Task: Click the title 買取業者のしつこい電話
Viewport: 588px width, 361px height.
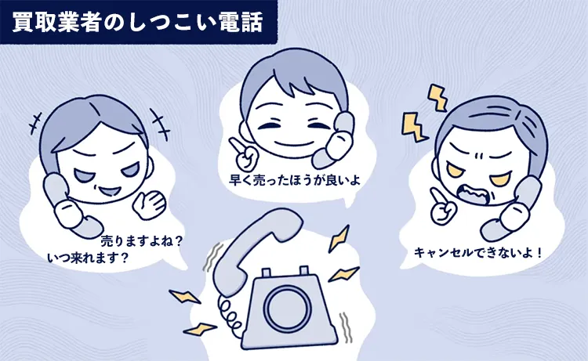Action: point(137,22)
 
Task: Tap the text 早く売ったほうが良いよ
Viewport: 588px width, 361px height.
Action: point(295,180)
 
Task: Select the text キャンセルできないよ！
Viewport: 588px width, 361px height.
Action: point(478,253)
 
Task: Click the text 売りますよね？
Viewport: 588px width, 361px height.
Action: point(141,240)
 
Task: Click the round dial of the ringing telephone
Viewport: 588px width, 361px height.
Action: point(288,309)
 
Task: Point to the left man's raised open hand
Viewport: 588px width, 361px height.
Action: point(149,205)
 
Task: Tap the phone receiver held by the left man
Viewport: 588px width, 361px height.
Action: point(67,205)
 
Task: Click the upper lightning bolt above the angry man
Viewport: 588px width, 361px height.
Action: point(438,97)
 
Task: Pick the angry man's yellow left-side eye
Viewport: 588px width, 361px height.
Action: point(456,171)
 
